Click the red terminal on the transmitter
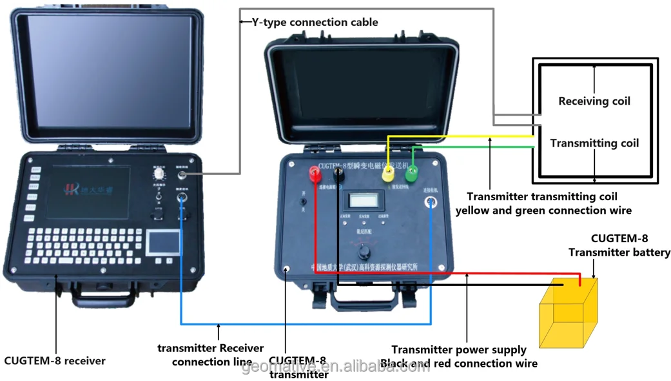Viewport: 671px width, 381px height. point(315,172)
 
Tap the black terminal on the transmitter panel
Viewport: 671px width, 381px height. point(338,172)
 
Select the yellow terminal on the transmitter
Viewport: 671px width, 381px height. point(389,174)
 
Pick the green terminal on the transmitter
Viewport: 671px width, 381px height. point(411,173)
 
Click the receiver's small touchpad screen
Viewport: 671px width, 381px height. point(162,242)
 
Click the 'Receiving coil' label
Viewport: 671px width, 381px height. point(594,101)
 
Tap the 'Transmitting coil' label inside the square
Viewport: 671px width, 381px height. point(594,143)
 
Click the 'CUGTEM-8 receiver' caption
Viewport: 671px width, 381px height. point(55,360)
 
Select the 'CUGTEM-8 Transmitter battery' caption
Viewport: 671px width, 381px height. point(619,245)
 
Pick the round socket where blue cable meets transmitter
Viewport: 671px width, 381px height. point(430,203)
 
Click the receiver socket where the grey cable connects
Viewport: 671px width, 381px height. point(182,175)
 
